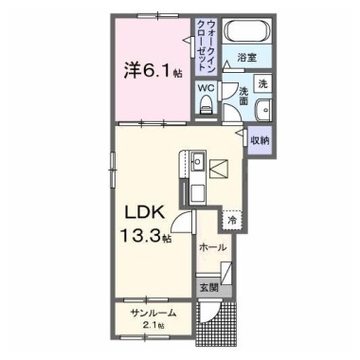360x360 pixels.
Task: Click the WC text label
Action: (x=207, y=90)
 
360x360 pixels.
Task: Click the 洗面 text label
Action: (x=243, y=96)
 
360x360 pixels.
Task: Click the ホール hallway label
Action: (x=214, y=246)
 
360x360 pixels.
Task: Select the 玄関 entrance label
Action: (x=208, y=287)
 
